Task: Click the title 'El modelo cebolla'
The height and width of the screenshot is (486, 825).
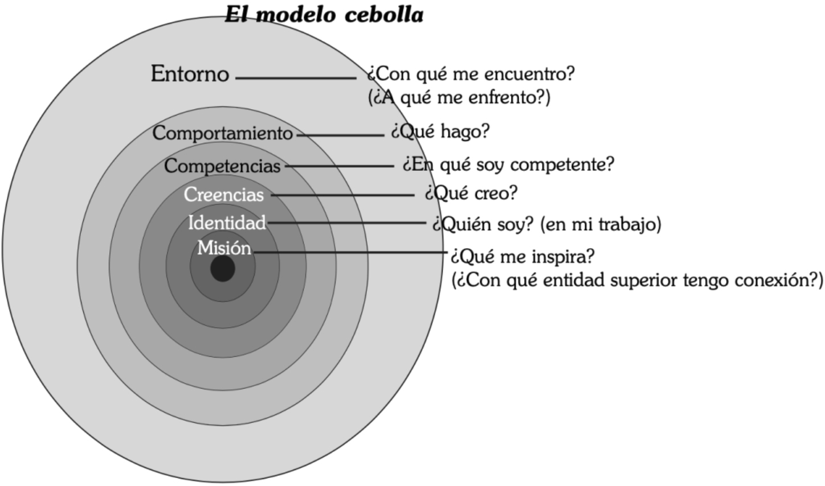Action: pyautogui.click(x=324, y=14)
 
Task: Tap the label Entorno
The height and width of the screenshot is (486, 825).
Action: pyautogui.click(x=190, y=74)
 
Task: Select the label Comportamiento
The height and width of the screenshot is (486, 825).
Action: pyautogui.click(x=222, y=133)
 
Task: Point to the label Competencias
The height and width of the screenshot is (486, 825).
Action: pyautogui.click(x=222, y=166)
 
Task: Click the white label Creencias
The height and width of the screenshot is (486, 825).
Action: pyautogui.click(x=223, y=195)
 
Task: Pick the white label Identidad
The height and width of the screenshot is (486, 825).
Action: pyautogui.click(x=227, y=223)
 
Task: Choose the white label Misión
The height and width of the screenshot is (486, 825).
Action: pyautogui.click(x=224, y=248)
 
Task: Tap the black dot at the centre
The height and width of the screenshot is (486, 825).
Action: pyautogui.click(x=223, y=269)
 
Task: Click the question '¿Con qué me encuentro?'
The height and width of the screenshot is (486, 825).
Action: pyautogui.click(x=471, y=74)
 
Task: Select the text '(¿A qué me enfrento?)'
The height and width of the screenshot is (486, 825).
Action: pyautogui.click(x=459, y=97)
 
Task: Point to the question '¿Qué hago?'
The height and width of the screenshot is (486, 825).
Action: pyautogui.click(x=440, y=132)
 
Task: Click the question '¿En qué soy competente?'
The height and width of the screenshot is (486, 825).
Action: pyautogui.click(x=508, y=164)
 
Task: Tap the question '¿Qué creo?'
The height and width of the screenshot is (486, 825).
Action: pyautogui.click(x=470, y=193)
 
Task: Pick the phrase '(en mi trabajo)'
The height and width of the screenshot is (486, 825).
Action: pyautogui.click(x=601, y=224)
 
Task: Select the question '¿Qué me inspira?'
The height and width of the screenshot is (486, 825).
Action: pyautogui.click(x=522, y=257)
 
